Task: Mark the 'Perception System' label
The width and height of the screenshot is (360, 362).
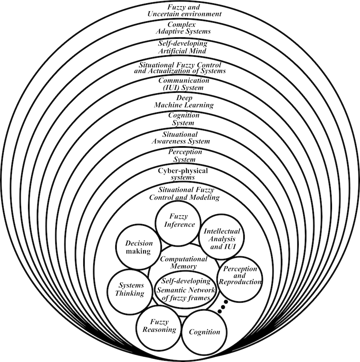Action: pos(179,156)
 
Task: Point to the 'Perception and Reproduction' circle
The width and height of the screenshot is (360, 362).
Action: pos(240,277)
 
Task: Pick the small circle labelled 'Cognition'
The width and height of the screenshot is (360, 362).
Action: pos(204,332)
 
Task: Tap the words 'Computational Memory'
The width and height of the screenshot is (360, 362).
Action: pos(184,263)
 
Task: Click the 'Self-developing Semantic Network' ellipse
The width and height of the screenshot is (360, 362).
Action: pos(185,290)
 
